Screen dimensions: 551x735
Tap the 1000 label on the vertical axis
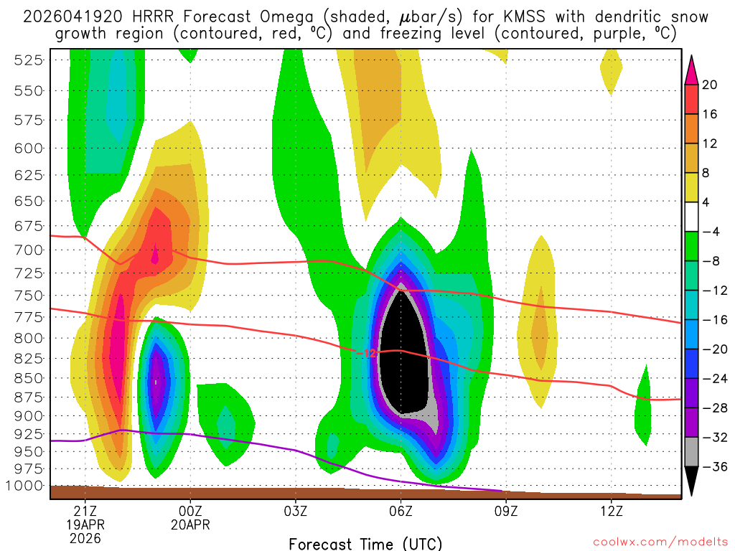click(x=25, y=486)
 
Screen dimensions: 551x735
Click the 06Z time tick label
click(x=401, y=512)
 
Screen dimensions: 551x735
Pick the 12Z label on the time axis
click(x=611, y=512)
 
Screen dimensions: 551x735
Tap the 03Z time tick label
click(x=296, y=512)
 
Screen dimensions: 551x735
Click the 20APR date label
click(x=190, y=525)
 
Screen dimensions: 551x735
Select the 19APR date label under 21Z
click(x=85, y=525)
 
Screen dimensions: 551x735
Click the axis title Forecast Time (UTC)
click(x=365, y=543)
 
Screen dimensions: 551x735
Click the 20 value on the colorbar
click(x=711, y=85)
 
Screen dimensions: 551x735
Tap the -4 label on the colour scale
click(x=712, y=232)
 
